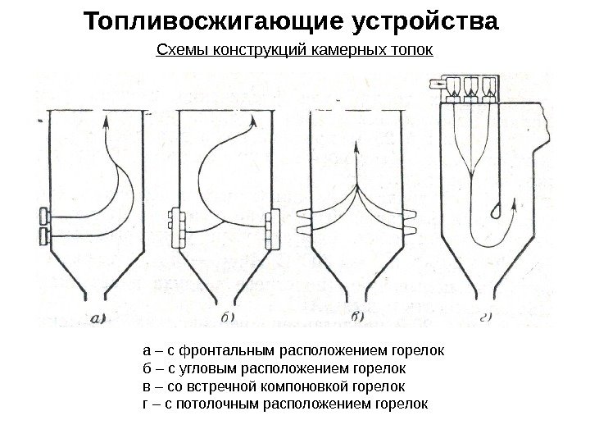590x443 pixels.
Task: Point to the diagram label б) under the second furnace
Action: point(229,317)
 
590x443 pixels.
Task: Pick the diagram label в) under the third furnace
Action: point(359,317)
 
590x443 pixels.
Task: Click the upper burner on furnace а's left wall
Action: point(45,217)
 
